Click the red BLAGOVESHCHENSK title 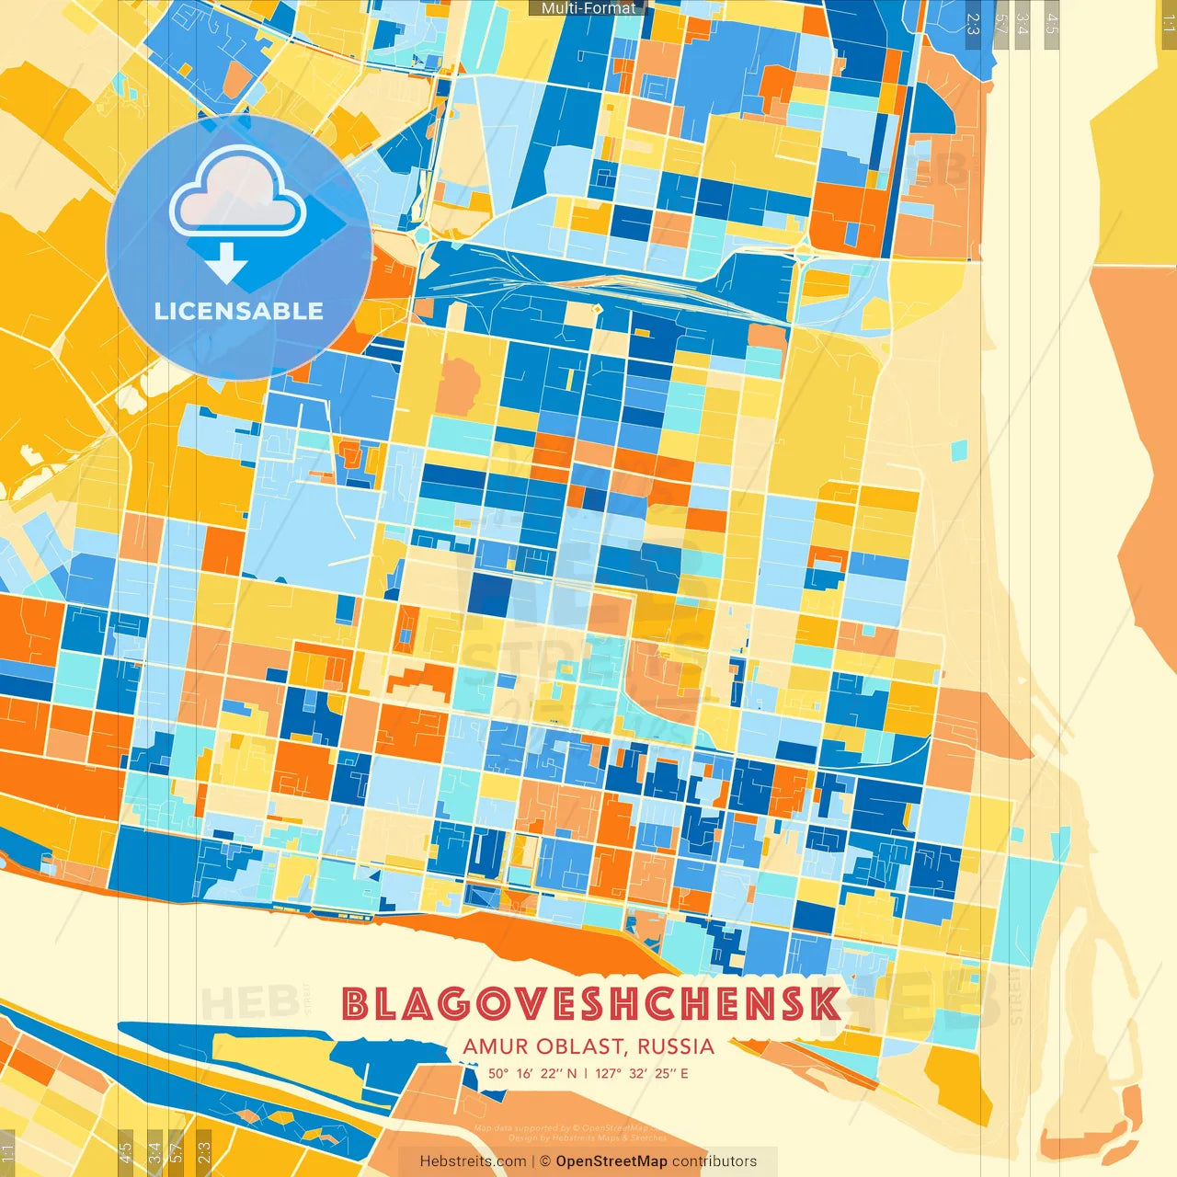click(x=590, y=1004)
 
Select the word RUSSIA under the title click(x=675, y=1046)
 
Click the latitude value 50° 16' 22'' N click(x=532, y=1073)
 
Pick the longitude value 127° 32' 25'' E click(x=642, y=1073)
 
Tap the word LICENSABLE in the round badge click(x=239, y=311)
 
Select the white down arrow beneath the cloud click(x=226, y=264)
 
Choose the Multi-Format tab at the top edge click(x=588, y=8)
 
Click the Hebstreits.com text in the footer click(x=473, y=1161)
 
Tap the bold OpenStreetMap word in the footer click(x=611, y=1161)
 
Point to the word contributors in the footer click(x=714, y=1161)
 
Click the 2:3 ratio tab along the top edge click(x=973, y=23)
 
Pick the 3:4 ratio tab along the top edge click(x=1023, y=23)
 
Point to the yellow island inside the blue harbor click(x=276, y=1048)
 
